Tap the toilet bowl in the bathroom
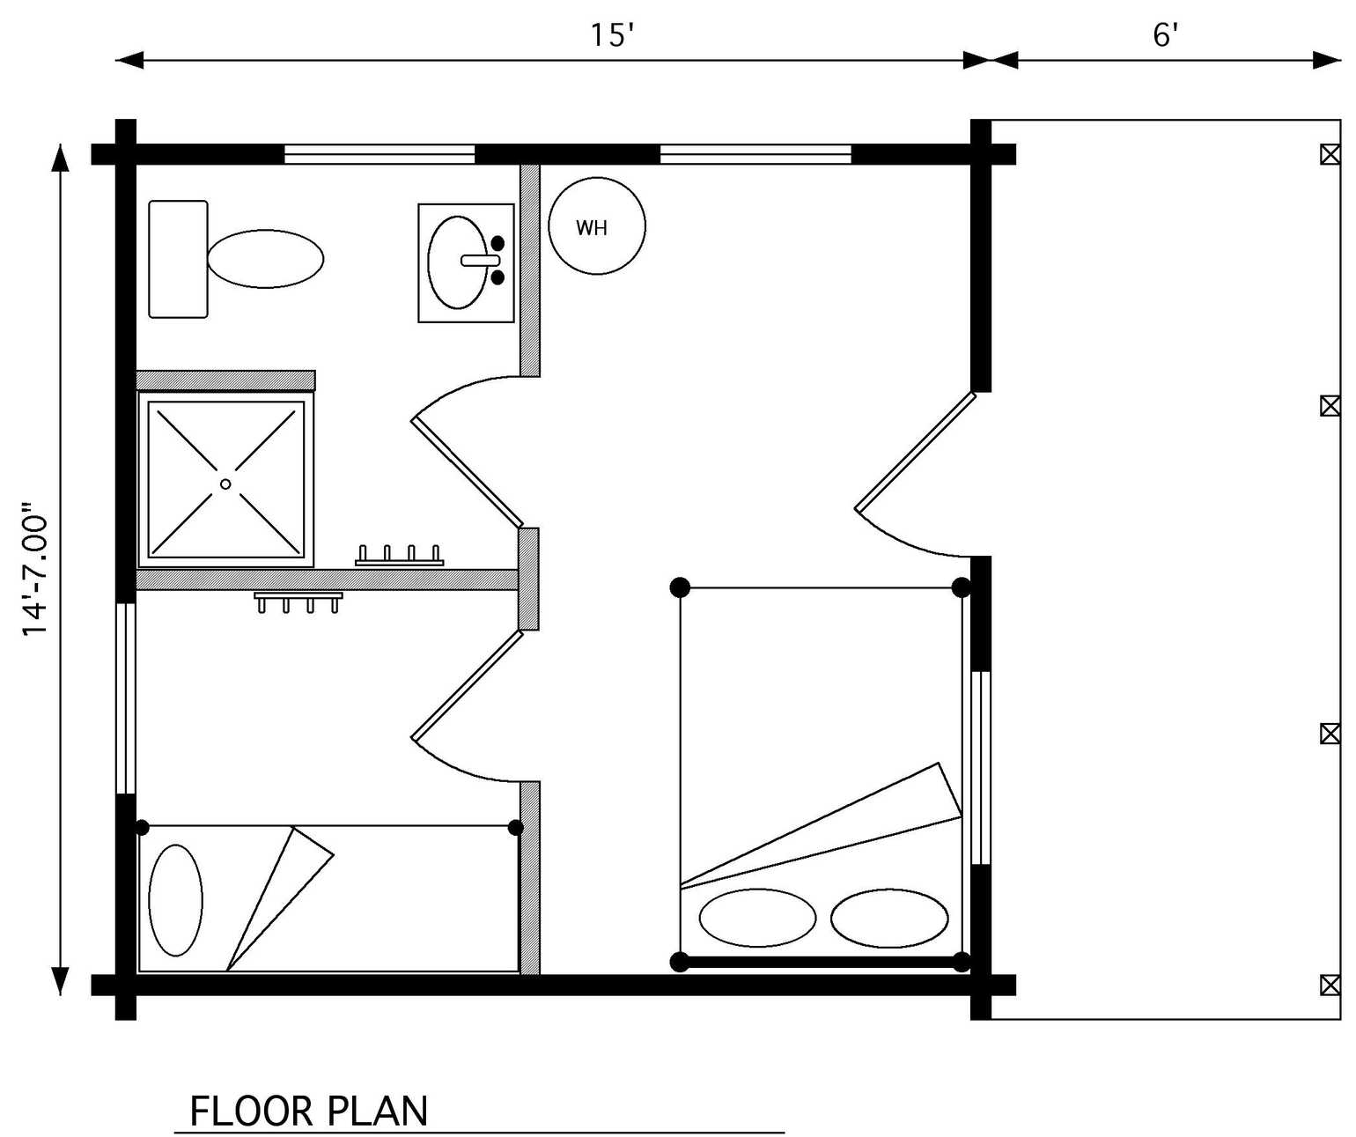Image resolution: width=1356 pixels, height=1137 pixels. pos(266,259)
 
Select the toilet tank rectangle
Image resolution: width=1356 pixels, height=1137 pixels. pos(178,259)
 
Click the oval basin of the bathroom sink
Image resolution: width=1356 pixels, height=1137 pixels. pos(458,262)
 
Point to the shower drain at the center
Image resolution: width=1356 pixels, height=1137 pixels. pos(225,484)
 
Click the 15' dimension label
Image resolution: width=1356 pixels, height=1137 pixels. pos(611,35)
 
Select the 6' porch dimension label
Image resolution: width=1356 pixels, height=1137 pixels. pos(1165,35)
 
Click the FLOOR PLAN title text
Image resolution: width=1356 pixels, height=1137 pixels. pos(308,1111)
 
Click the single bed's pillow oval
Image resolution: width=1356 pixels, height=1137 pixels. pos(175,900)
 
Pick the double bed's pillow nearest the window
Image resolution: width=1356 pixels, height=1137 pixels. pos(889,918)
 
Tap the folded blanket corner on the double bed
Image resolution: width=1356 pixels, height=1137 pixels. pos(949,789)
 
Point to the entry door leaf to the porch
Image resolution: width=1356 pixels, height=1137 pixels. pos(915,452)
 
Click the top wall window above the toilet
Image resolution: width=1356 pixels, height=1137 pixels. pos(380,155)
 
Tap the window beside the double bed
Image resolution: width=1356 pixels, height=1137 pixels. pos(981,768)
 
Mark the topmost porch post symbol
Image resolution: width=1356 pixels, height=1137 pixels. pos(1330,155)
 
